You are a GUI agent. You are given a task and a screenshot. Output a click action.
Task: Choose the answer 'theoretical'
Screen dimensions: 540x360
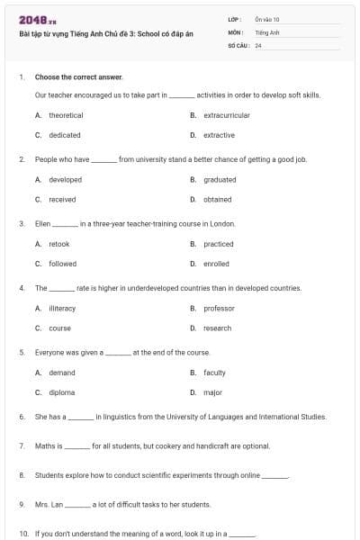coord(66,115)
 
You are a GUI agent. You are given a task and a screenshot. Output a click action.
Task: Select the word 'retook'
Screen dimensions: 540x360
coord(59,244)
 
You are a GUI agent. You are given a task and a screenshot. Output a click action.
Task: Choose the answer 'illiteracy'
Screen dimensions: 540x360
coord(62,308)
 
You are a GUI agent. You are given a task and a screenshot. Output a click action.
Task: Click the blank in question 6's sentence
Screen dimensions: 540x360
coord(81,418)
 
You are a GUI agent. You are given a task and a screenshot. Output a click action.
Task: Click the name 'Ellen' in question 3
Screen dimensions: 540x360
coord(42,223)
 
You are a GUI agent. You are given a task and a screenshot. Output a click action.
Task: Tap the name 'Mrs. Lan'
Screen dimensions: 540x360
coord(49,504)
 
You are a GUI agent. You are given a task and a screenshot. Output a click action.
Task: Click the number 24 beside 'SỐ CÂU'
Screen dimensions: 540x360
coord(258,44)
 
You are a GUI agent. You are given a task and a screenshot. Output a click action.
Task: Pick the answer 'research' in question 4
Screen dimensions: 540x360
coord(218,328)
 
